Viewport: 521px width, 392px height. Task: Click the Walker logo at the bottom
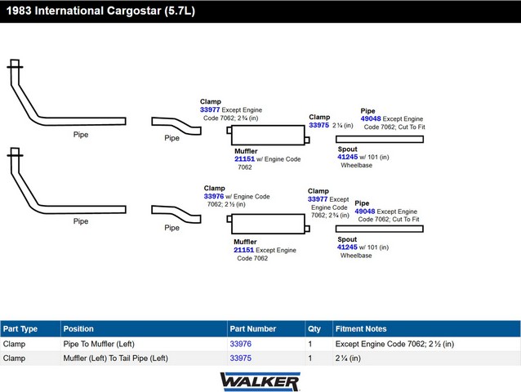pyautogui.click(x=260, y=381)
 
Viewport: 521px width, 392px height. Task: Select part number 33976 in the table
pyautogui.click(x=241, y=344)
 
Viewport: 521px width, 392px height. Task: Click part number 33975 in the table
pyautogui.click(x=241, y=359)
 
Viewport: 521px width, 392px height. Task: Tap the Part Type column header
pyautogui.click(x=20, y=329)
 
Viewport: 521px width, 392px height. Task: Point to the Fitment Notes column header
pyautogui.click(x=361, y=329)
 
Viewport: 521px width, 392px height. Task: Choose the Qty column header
pyautogui.click(x=314, y=329)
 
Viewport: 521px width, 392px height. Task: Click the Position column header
pyautogui.click(x=78, y=329)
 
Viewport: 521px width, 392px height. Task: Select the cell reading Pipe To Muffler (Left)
pyautogui.click(x=99, y=344)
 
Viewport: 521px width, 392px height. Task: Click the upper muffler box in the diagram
pyautogui.click(x=268, y=136)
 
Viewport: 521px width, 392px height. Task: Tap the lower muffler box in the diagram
pyautogui.click(x=268, y=224)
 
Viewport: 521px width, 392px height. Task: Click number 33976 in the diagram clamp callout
pyautogui.click(x=214, y=196)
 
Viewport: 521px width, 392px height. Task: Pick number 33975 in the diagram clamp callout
pyautogui.click(x=318, y=125)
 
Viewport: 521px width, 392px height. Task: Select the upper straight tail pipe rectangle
pyautogui.click(x=380, y=139)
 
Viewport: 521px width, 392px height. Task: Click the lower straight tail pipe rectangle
pyautogui.click(x=380, y=229)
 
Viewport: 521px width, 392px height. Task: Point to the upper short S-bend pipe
pyautogui.click(x=176, y=125)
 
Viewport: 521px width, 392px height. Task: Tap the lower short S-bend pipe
pyautogui.click(x=176, y=214)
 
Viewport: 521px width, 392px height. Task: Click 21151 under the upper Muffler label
pyautogui.click(x=244, y=159)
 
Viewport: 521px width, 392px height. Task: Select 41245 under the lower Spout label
pyautogui.click(x=347, y=247)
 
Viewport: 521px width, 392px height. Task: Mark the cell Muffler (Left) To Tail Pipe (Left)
pyautogui.click(x=115, y=359)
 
